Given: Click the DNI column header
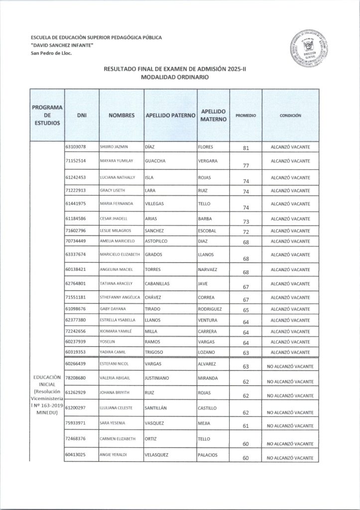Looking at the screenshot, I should coord(83,115).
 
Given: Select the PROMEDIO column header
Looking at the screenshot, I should coord(245,115).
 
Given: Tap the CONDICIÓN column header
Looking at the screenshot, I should coord(290,115).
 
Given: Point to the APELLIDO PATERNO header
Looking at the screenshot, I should coord(170,115).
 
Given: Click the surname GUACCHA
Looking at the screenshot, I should coord(154,161).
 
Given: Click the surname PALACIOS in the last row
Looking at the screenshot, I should coord(210,455).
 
